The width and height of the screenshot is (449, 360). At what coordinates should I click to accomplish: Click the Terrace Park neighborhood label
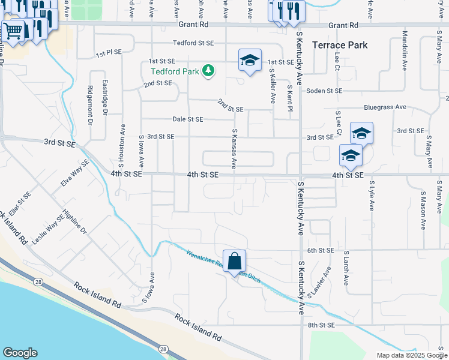tap(340, 45)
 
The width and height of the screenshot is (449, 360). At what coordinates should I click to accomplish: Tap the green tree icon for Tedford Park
tap(208, 71)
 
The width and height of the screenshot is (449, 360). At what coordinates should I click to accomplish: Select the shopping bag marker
tap(235, 261)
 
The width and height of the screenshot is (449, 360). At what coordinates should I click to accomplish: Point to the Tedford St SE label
tap(193, 43)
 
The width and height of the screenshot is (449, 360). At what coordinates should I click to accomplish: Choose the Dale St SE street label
tap(188, 119)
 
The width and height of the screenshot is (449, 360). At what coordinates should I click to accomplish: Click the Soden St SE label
tap(324, 91)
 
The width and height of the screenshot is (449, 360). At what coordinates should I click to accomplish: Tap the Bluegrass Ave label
tap(385, 107)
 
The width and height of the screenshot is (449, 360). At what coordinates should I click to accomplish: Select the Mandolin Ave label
tap(405, 43)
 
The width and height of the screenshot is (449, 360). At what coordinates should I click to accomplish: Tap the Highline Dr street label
tap(75, 223)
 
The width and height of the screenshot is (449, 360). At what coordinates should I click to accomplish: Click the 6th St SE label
tap(320, 250)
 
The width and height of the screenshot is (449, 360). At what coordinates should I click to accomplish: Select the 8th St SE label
tap(321, 325)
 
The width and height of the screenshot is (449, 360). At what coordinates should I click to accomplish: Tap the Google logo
tap(20, 353)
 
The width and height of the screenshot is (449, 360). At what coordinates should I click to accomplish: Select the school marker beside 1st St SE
tap(250, 61)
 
